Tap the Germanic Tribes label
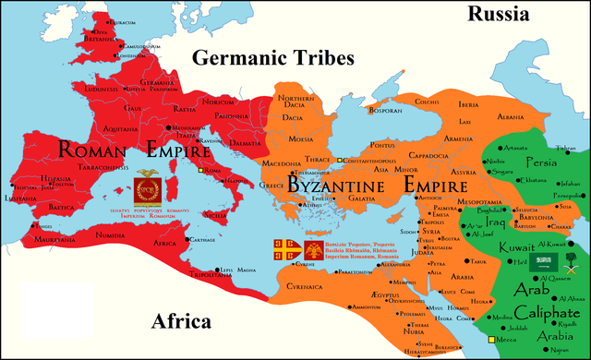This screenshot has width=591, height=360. [x=273, y=58]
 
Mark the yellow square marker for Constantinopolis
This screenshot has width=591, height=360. [x=340, y=160]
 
